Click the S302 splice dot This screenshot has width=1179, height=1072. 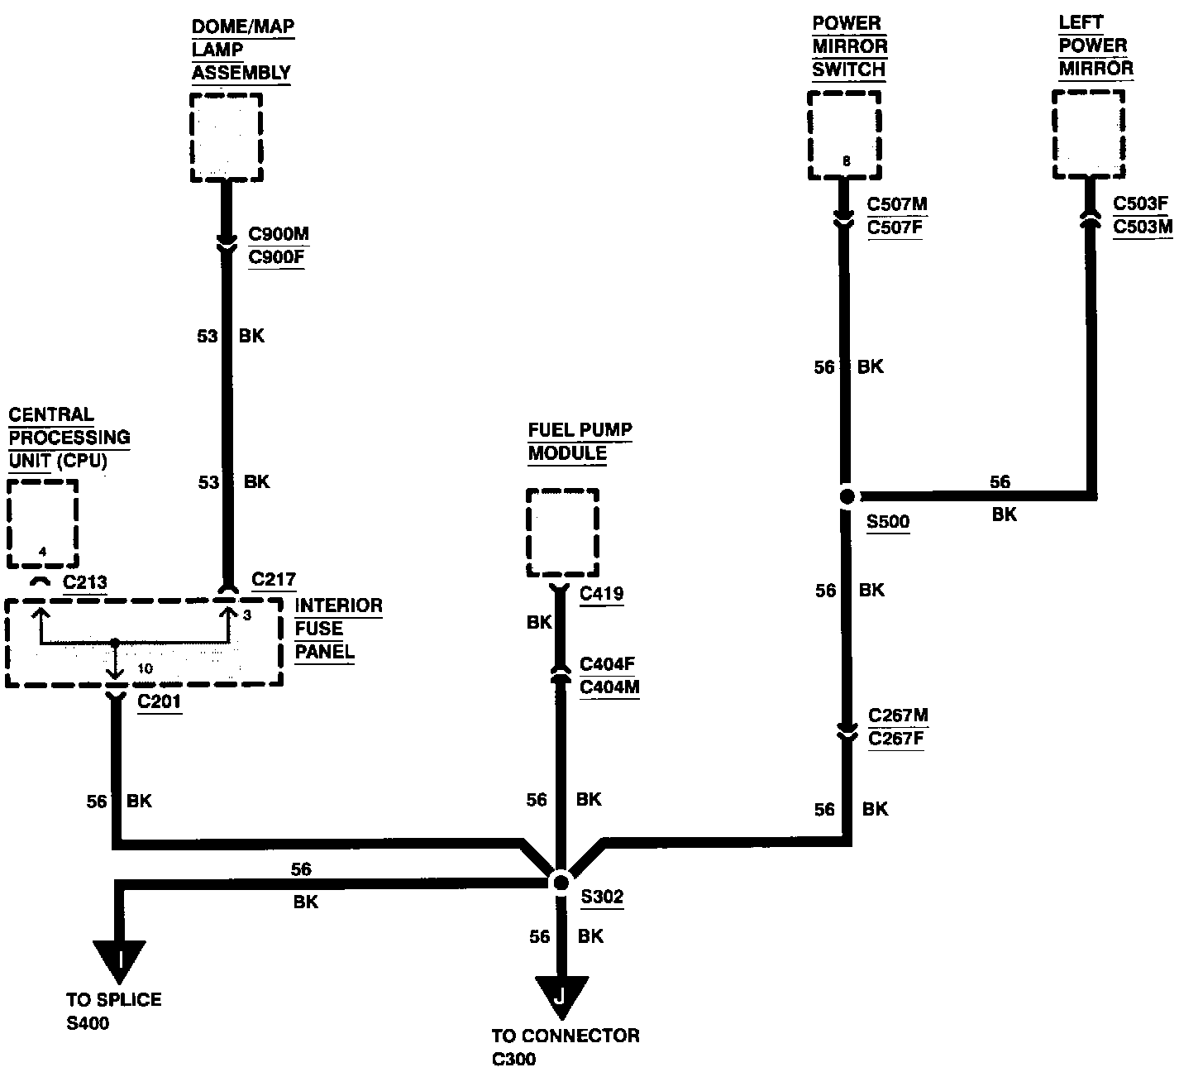pyautogui.click(x=561, y=883)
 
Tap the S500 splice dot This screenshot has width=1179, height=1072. pyautogui.click(x=847, y=497)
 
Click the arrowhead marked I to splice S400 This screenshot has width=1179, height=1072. pyautogui.click(x=119, y=962)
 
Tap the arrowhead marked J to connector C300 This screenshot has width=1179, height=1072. pyautogui.click(x=561, y=998)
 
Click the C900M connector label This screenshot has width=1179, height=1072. pyautogui.click(x=279, y=234)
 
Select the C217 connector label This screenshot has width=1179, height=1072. pyautogui.click(x=274, y=579)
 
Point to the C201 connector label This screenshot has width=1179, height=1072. pyautogui.click(x=159, y=701)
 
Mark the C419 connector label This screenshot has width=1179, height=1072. pyautogui.click(x=601, y=593)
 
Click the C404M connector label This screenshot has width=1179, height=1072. pyautogui.click(x=609, y=687)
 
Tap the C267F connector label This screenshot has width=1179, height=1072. pyautogui.click(x=895, y=738)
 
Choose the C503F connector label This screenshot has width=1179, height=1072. pyautogui.click(x=1140, y=203)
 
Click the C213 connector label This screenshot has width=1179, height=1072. pyautogui.click(x=84, y=582)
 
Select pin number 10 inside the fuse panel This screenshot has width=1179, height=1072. pyautogui.click(x=145, y=668)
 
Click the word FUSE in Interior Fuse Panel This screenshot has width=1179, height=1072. pyautogui.click(x=318, y=629)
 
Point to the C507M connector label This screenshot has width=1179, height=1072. pyautogui.click(x=897, y=204)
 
